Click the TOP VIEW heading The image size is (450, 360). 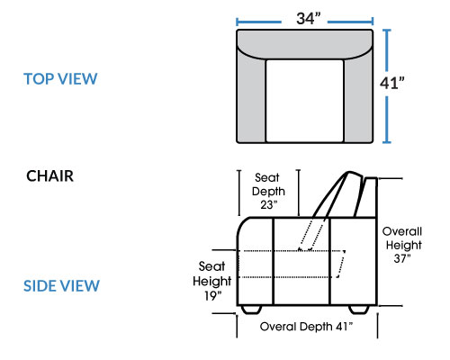(60, 79)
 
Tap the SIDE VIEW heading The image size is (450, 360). (61, 285)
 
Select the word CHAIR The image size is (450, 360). (49, 175)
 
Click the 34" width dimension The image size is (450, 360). (309, 19)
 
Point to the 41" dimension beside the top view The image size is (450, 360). (391, 83)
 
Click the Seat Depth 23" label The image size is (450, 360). (268, 191)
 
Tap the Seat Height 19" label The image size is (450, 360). (211, 281)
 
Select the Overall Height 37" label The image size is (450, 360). (402, 245)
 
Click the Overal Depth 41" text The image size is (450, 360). (306, 327)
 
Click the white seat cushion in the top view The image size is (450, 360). (304, 101)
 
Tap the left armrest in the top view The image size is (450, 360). (251, 99)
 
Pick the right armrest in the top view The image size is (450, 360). (358, 99)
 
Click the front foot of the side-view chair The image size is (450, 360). (251, 310)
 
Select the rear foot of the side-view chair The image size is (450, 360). (359, 310)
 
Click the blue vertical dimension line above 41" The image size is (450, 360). (387, 50)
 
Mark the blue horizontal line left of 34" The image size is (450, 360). (258, 22)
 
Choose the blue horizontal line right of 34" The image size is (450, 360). (350, 22)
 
